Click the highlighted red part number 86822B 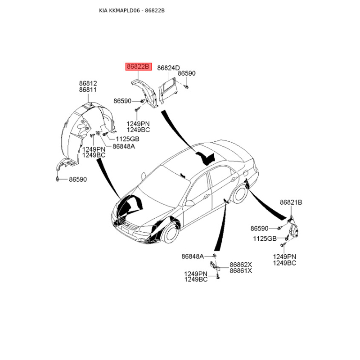(139, 67)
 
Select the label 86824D (168, 68)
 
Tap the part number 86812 (88, 83)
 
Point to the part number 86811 (88, 90)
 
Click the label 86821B (291, 202)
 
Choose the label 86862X (241, 265)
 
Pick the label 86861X (241, 271)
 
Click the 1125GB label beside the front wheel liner (127, 139)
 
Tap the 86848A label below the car (193, 256)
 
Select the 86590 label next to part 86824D (187, 73)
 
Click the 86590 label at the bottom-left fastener (78, 179)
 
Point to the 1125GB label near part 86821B (265, 238)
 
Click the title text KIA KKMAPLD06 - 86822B (132, 10)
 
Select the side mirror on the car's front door (189, 203)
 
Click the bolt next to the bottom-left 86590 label (57, 179)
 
